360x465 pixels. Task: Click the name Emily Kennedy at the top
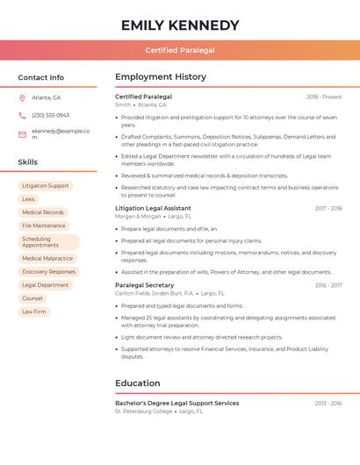coord(180,25)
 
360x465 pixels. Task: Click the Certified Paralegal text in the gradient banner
coord(180,50)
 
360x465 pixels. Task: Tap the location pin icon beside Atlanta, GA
coord(22,97)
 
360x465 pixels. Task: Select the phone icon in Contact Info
coord(22,115)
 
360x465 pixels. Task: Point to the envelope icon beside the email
coord(22,134)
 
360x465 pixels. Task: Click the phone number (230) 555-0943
coord(50,115)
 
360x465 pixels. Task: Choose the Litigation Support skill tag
coord(46,186)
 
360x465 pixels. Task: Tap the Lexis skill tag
coord(29,199)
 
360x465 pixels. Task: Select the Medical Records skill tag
coord(43,212)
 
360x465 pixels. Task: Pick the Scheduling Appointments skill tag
coord(48,242)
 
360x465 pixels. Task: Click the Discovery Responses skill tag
coord(49,272)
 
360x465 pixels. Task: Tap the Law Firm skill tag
coord(34,311)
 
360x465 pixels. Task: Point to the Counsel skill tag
coord(32,298)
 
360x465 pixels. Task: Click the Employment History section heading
coord(161,77)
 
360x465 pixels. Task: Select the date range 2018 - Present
coord(324,97)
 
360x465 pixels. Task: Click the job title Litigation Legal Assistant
coord(153,208)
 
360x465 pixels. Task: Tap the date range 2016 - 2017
coord(328,285)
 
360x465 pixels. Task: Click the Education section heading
coord(138,383)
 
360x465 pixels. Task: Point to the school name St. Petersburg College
coord(143,411)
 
